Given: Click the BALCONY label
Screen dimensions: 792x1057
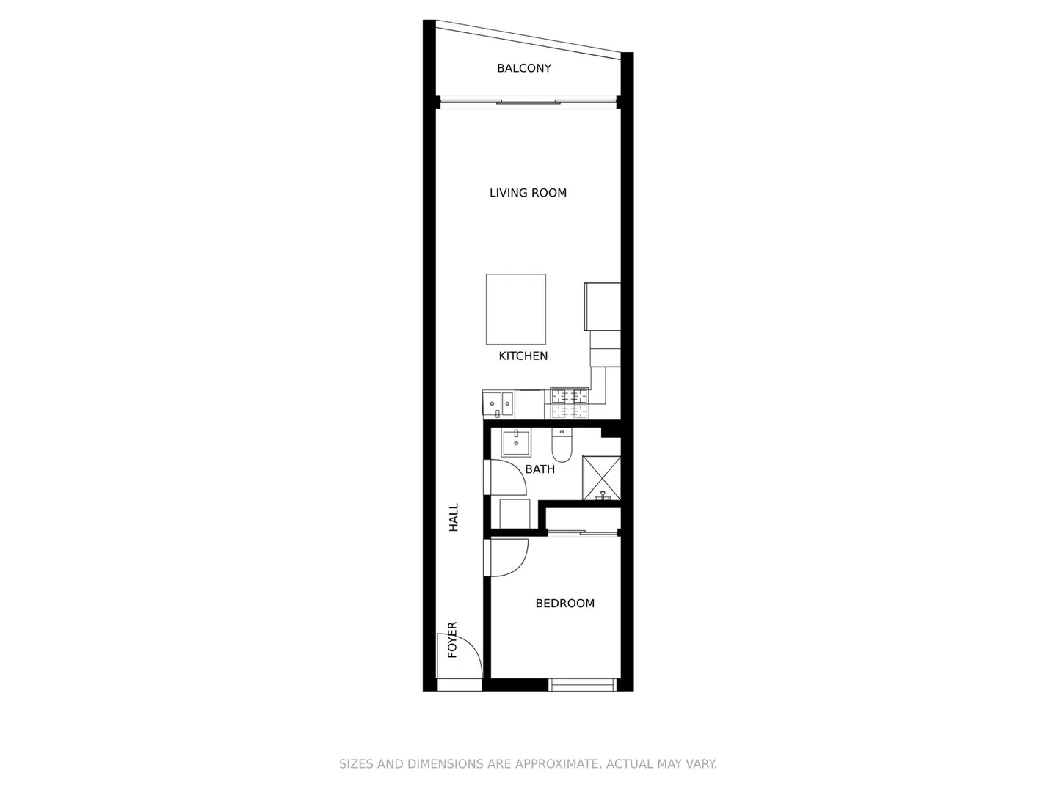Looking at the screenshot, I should click(x=523, y=68).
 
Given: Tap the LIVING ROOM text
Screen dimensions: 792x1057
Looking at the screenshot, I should click(x=528, y=193).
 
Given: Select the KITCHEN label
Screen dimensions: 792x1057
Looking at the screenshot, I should click(x=523, y=356).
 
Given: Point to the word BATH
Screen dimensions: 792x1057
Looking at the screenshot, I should click(x=540, y=469).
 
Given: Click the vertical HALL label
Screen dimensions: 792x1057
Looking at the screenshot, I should click(x=454, y=517).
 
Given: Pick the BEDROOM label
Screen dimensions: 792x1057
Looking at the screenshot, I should click(x=564, y=604).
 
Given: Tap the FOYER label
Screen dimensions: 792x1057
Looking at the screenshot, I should click(x=452, y=639).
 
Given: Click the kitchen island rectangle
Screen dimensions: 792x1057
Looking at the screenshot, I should click(x=515, y=309).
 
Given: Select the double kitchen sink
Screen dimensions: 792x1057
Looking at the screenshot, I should click(x=498, y=404).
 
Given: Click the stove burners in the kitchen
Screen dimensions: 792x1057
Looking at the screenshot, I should click(x=570, y=403).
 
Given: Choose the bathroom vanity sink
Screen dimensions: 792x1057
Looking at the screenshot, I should click(x=516, y=442).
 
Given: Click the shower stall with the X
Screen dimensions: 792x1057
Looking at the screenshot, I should click(x=601, y=478).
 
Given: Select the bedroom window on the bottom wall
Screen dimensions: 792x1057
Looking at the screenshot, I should click(x=583, y=686).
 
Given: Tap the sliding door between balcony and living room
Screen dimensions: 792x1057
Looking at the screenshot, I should click(x=527, y=103).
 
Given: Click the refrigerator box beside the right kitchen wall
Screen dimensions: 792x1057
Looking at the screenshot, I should click(x=602, y=307).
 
